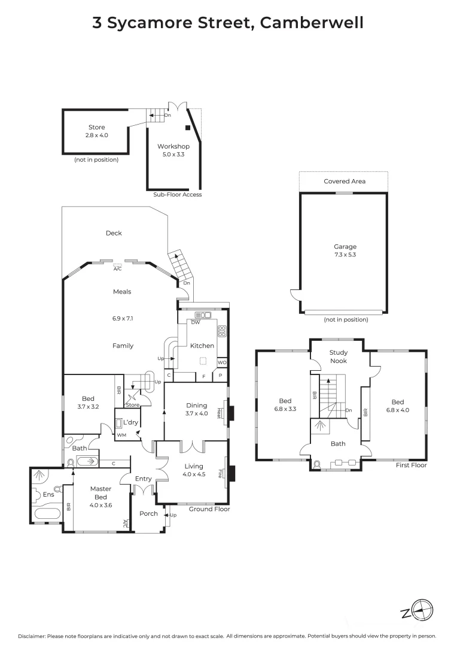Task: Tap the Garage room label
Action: pos(345,246)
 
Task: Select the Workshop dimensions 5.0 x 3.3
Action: pos(173,155)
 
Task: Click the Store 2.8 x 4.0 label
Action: pos(96,131)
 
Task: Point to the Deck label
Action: pos(114,233)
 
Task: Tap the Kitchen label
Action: pos(202,346)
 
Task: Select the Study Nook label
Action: pos(339,357)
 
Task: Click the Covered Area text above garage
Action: pos(345,181)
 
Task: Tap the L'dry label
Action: pos(130,414)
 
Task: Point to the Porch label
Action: pos(148,513)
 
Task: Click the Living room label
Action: pos(193,466)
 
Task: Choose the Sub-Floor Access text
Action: pos(178,195)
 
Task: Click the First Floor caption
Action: pos(411,465)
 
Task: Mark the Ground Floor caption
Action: pos(209,509)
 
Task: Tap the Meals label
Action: pos(122,292)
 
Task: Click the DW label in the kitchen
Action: pos(195,322)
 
